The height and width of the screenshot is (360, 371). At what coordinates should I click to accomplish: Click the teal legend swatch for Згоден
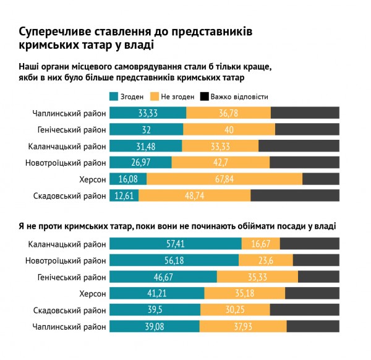tap(113, 97)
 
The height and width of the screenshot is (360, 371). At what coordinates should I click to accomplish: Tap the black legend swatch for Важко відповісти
tap(205, 97)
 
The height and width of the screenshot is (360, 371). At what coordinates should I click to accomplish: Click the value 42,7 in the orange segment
tap(221, 162)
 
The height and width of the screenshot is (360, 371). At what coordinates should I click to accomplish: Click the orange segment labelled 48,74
tap(195, 195)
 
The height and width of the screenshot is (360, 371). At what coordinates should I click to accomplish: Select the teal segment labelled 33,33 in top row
tap(147, 113)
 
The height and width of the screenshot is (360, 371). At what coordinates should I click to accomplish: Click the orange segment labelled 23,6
tap(266, 260)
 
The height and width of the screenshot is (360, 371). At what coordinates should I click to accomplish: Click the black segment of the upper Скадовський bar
tap(295, 195)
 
